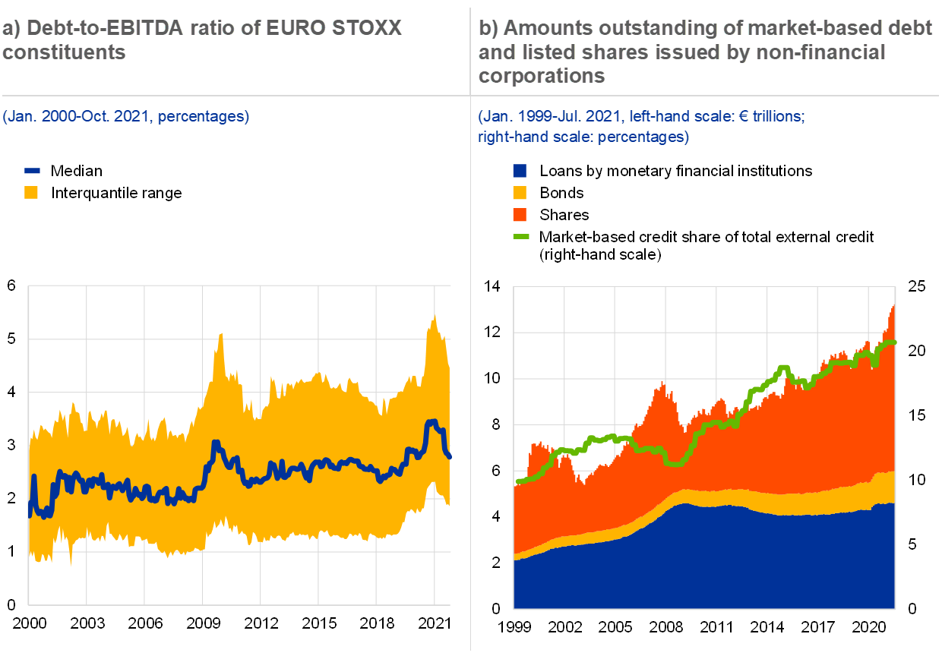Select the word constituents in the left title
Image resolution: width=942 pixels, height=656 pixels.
pyautogui.click(x=64, y=52)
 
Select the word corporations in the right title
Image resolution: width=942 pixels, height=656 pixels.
pyautogui.click(x=542, y=76)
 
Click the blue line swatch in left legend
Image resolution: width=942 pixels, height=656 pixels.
pyautogui.click(x=32, y=172)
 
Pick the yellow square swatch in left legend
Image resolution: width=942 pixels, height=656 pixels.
pyautogui.click(x=31, y=193)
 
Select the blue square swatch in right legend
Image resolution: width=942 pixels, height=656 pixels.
pyautogui.click(x=520, y=172)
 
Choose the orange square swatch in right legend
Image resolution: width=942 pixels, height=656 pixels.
pyautogui.click(x=520, y=215)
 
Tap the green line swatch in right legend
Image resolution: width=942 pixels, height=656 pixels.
pyautogui.click(x=521, y=236)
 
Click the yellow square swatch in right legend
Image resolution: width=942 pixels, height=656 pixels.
pyautogui.click(x=520, y=193)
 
